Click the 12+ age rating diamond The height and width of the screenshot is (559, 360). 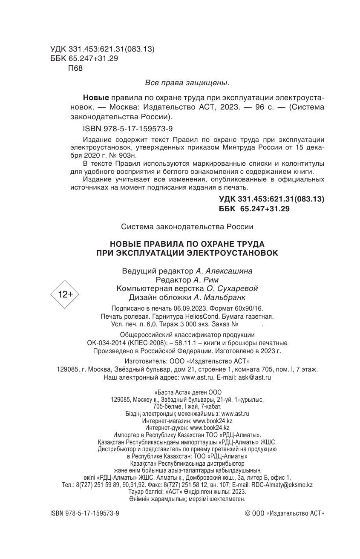65,294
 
